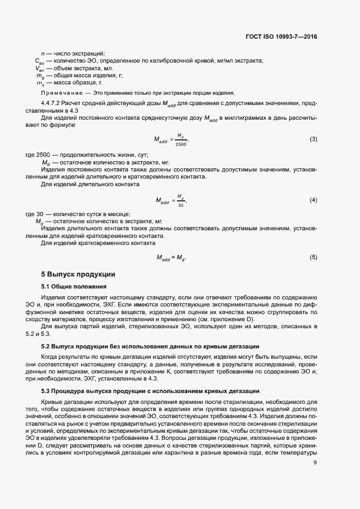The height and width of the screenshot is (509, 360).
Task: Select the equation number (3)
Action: click(x=313, y=139)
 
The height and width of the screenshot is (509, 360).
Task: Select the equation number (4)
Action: click(x=313, y=200)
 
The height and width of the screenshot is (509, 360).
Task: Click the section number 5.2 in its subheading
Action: click(x=46, y=346)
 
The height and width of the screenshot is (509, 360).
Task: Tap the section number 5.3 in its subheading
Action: click(x=46, y=391)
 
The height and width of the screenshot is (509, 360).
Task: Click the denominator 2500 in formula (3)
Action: click(x=180, y=144)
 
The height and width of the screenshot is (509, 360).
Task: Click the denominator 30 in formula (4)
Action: click(x=180, y=205)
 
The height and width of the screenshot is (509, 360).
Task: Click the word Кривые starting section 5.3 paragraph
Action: click(x=52, y=401)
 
